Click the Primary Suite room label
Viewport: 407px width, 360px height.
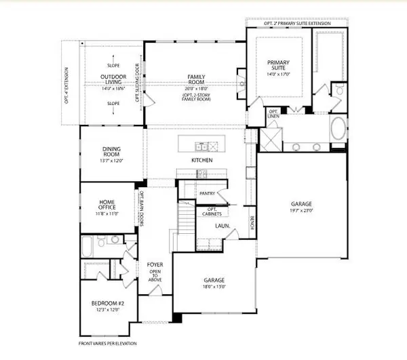pos(279,66)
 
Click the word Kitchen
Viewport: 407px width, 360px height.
pos(202,160)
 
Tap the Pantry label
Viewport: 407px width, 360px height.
pos(207,193)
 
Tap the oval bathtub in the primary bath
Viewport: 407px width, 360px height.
pos(340,128)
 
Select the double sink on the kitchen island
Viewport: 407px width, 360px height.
pos(201,145)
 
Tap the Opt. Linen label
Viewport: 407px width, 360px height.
pos(274,114)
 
